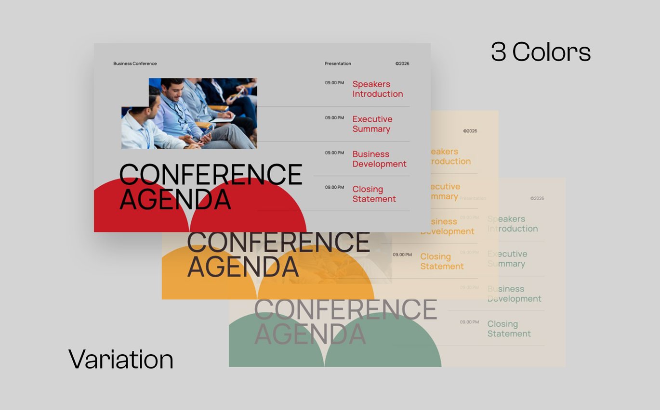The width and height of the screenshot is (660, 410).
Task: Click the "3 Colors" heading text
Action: click(x=541, y=52)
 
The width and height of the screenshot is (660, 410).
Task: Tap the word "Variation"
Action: click(x=121, y=359)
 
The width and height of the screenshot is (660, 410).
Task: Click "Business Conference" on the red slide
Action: click(x=135, y=64)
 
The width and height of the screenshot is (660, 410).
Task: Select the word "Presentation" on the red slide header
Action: click(x=338, y=64)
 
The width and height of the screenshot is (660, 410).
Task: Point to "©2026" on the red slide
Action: click(x=402, y=64)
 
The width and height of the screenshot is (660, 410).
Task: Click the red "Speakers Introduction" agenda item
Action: click(x=377, y=89)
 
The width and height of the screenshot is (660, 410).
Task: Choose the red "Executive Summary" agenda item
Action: click(x=372, y=124)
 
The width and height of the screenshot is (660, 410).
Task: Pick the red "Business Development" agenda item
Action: click(x=379, y=159)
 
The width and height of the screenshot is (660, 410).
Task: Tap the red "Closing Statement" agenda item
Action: click(x=374, y=194)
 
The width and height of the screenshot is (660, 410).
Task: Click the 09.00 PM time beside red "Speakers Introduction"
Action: click(x=334, y=83)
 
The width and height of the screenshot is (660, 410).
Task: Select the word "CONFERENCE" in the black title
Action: click(x=211, y=174)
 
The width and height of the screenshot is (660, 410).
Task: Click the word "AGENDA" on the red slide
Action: click(x=175, y=199)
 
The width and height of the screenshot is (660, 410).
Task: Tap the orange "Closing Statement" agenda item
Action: click(x=442, y=261)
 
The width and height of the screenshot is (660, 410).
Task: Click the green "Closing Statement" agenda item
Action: click(x=509, y=329)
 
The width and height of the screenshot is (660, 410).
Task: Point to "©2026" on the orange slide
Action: click(x=470, y=131)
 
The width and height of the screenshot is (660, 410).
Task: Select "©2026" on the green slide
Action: click(x=537, y=198)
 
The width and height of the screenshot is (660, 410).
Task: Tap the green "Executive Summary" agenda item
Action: click(x=507, y=259)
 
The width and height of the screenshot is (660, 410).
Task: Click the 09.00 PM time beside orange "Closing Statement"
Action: click(x=402, y=255)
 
